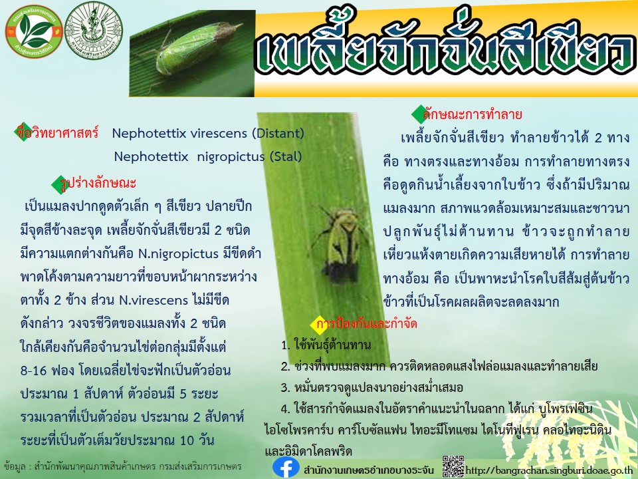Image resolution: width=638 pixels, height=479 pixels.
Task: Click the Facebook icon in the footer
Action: [286, 468]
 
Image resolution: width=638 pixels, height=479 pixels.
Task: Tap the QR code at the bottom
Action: [453, 466]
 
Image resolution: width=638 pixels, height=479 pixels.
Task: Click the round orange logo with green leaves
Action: [34, 31]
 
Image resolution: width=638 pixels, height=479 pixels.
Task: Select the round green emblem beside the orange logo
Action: [94, 31]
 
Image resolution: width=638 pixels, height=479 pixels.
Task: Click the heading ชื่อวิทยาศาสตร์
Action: [58, 132]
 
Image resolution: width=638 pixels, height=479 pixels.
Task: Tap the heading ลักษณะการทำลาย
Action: [472, 114]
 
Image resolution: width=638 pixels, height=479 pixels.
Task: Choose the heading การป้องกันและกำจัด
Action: [367, 324]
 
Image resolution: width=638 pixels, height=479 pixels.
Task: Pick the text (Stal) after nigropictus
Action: [286, 156]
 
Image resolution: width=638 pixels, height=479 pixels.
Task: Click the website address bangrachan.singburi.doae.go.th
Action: [549, 471]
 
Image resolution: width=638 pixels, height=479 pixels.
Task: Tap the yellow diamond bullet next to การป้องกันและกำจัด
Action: [318, 325]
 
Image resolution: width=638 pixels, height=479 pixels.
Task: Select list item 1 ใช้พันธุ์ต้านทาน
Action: [326, 345]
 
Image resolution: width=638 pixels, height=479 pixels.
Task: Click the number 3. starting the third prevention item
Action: [285, 387]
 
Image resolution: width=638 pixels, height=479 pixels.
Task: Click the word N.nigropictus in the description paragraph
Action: [179, 253]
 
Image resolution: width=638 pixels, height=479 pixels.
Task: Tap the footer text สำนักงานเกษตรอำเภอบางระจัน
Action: [369, 470]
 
